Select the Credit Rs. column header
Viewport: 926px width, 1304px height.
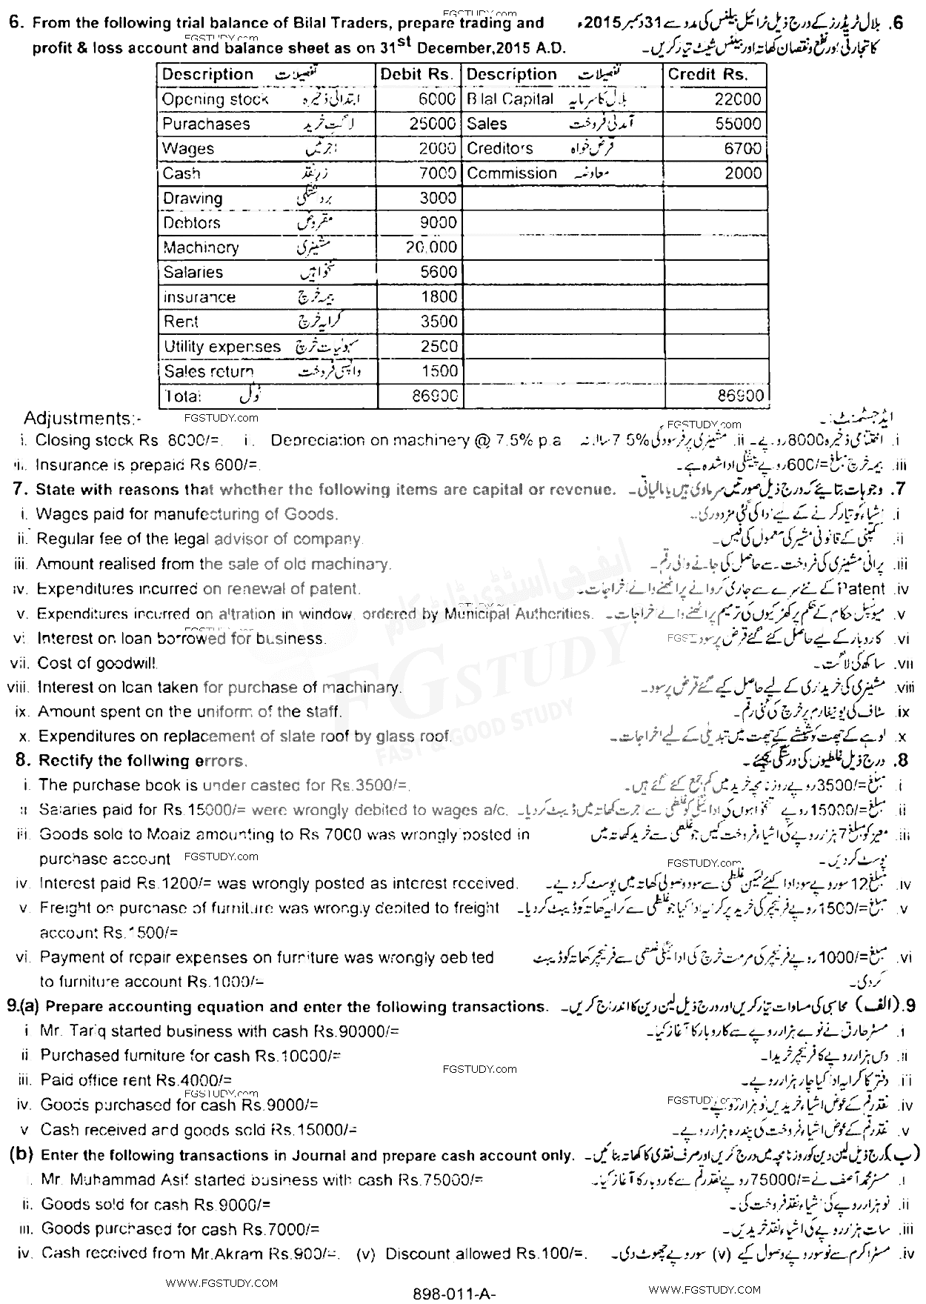(x=707, y=75)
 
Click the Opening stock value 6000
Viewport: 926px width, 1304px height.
(x=436, y=99)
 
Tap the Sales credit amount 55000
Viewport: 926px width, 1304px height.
(x=739, y=124)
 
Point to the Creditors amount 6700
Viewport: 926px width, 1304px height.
(x=743, y=148)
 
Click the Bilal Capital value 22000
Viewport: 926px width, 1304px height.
(x=739, y=99)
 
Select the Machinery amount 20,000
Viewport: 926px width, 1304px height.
(x=430, y=247)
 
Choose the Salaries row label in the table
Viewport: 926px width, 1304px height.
(x=193, y=272)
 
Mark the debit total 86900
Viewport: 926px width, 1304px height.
(x=435, y=396)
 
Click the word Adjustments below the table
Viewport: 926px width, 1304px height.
(x=81, y=419)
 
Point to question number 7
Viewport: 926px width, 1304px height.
(x=21, y=490)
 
